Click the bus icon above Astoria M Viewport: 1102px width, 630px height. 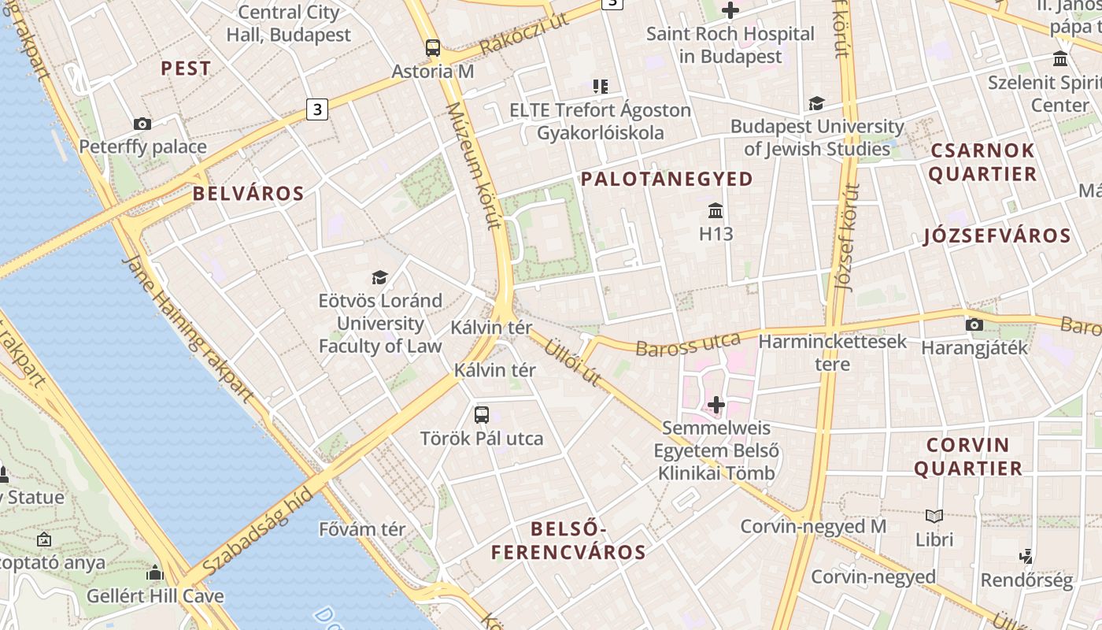click(433, 47)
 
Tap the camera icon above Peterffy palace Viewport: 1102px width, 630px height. click(142, 124)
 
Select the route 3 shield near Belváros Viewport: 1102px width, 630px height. click(316, 109)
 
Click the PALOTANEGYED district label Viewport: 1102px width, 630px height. click(667, 180)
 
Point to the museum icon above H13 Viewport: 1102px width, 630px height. click(716, 211)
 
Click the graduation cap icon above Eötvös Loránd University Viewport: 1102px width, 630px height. click(380, 277)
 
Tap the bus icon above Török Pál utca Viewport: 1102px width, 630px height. click(482, 414)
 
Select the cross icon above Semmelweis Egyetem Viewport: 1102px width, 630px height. click(716, 405)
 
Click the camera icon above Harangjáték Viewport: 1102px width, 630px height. click(974, 324)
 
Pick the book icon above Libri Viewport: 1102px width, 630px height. click(934, 517)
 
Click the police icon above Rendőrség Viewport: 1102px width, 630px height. click(1026, 557)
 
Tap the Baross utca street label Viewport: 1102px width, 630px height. click(688, 343)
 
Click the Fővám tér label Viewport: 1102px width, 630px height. click(362, 529)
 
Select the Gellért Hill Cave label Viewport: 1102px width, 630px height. click(155, 596)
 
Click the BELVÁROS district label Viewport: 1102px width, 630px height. click(248, 194)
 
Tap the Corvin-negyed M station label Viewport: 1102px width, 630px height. click(813, 526)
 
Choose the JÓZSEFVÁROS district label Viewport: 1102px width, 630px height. click(997, 235)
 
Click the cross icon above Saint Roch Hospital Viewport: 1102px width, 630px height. click(730, 11)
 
